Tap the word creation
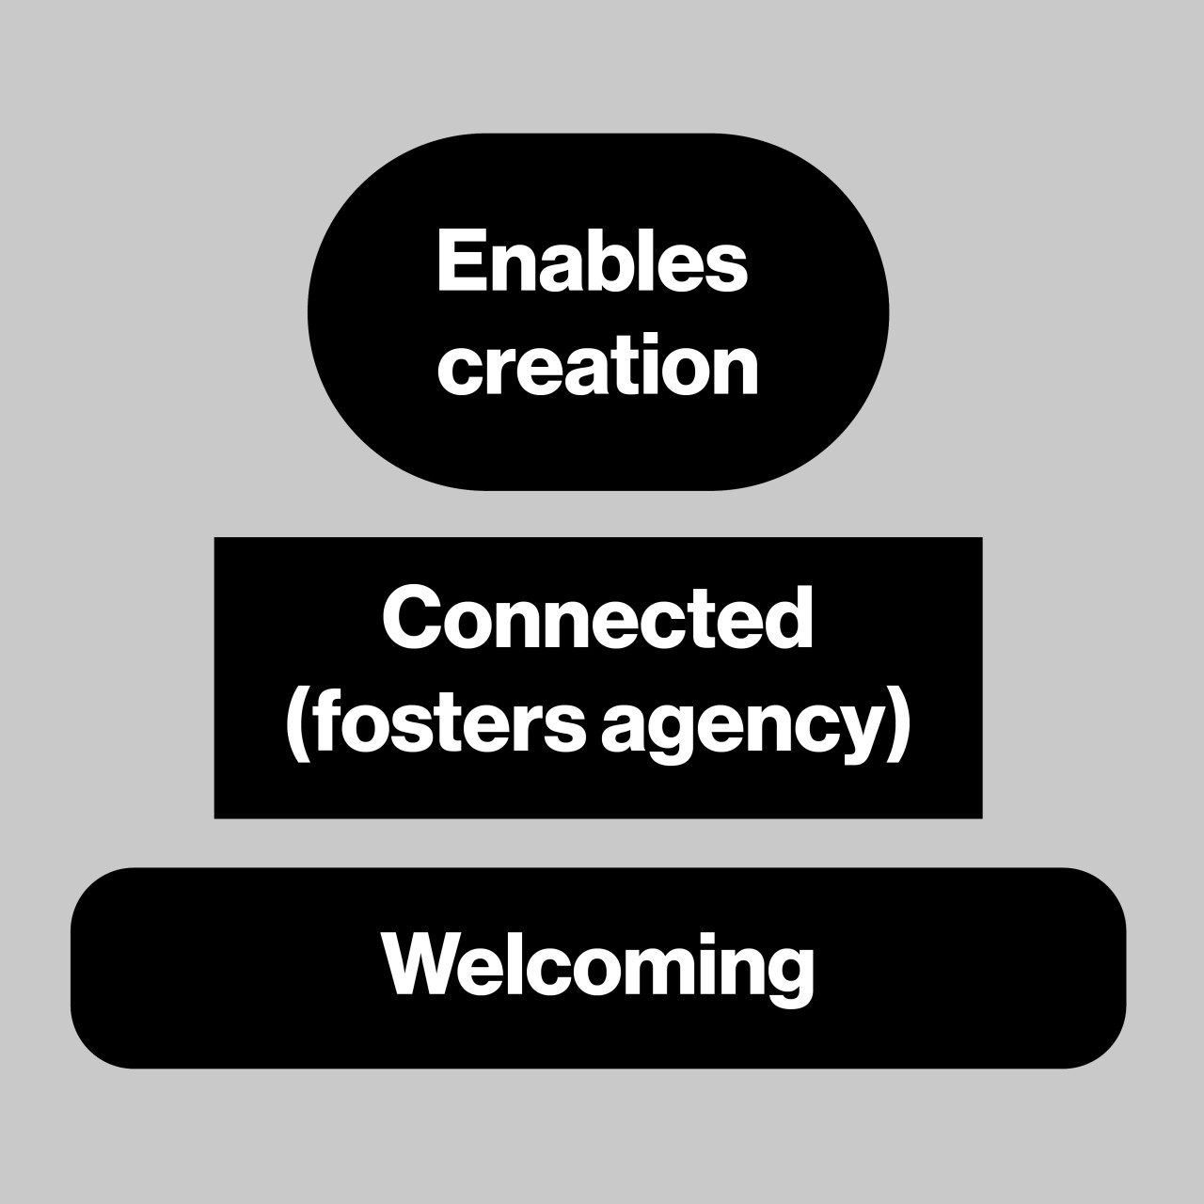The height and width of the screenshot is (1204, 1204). [x=598, y=364]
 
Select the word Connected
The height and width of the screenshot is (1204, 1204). [x=597, y=618]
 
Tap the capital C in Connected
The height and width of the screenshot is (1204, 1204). [x=412, y=618]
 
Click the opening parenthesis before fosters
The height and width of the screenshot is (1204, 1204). [x=298, y=725]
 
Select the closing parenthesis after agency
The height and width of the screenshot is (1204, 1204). [x=898, y=725]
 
